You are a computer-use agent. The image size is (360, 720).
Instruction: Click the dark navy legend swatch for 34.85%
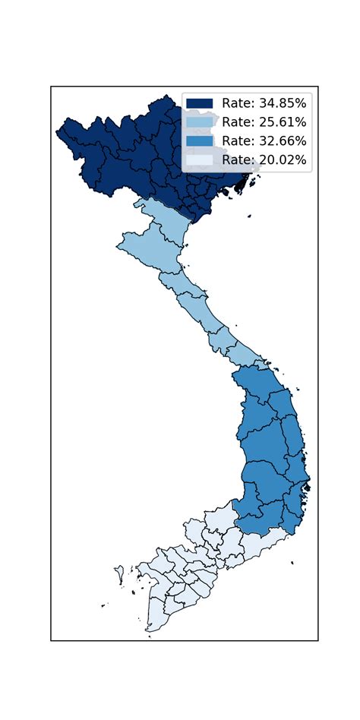pos(199,103)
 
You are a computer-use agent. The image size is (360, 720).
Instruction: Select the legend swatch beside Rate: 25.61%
pos(199,122)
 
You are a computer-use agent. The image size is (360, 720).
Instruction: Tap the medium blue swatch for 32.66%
pos(199,141)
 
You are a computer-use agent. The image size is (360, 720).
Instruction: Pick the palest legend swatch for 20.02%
pos(199,159)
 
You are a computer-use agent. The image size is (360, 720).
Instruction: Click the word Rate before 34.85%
pos(235,103)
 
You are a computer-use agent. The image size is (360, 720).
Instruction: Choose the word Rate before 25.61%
pos(235,122)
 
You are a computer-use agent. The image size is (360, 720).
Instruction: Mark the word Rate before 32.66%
pos(235,141)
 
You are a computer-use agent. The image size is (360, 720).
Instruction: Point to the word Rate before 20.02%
pos(235,159)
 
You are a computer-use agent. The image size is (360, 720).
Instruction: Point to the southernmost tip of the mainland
pos(150,630)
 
